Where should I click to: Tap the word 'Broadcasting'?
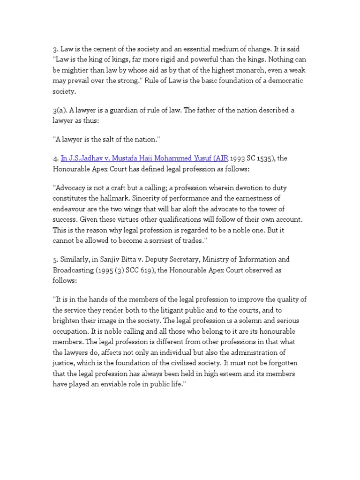(x=75, y=270)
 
